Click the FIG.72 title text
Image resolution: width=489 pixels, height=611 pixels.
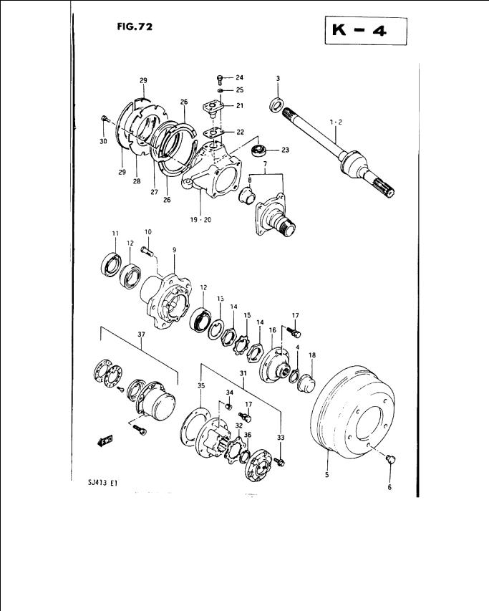click(x=135, y=27)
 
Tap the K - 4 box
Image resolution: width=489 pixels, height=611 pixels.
click(x=366, y=31)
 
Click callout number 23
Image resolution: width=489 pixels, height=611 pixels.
click(x=286, y=150)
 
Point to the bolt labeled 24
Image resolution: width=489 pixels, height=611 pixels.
click(x=220, y=80)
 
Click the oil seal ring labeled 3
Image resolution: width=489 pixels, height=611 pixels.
click(x=277, y=105)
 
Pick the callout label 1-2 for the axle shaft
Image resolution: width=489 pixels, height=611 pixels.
click(x=336, y=122)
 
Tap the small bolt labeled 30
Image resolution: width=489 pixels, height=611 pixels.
click(x=104, y=118)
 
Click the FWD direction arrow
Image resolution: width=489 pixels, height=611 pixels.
click(x=105, y=441)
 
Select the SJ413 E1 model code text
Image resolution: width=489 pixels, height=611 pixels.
click(x=103, y=483)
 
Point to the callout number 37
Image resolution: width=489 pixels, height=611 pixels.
click(x=141, y=335)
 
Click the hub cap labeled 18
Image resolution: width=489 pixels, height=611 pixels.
click(x=306, y=383)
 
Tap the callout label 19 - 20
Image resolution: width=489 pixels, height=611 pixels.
click(x=200, y=220)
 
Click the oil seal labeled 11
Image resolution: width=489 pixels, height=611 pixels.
click(x=111, y=265)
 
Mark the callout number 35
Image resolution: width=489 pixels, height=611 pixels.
click(x=201, y=386)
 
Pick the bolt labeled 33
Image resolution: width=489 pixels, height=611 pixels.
click(x=279, y=462)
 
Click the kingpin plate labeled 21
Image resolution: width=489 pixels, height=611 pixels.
click(x=212, y=108)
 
